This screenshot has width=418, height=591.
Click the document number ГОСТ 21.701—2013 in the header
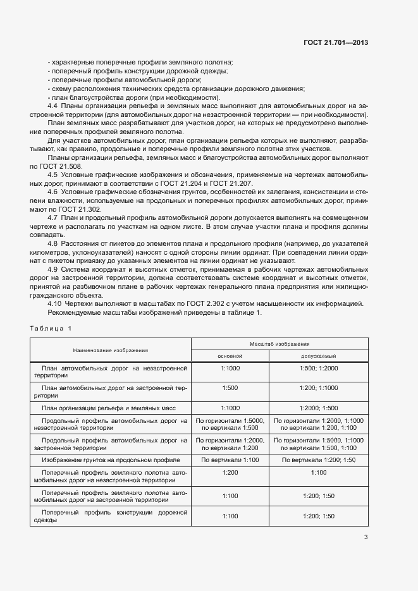click(x=336, y=43)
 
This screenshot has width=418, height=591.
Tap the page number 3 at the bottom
click(x=366, y=538)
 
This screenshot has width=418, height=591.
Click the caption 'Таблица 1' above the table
click(x=51, y=327)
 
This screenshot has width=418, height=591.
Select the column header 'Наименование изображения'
click(x=111, y=350)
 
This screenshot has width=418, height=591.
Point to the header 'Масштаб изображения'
click(x=280, y=343)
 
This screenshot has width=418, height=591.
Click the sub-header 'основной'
click(x=230, y=356)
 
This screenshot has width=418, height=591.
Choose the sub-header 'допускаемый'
click(x=319, y=356)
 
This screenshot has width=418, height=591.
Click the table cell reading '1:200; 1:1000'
click(x=319, y=387)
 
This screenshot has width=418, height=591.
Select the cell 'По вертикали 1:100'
click(x=230, y=460)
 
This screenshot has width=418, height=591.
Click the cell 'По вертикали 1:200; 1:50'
click(x=319, y=460)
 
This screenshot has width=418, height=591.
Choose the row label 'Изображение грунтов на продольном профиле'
click(x=111, y=460)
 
